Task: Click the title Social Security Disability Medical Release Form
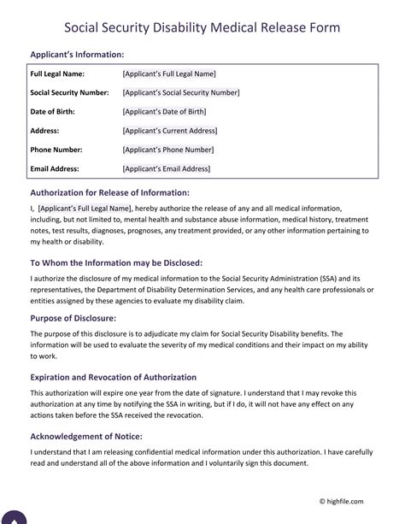pos(202,27)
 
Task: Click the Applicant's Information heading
pos(77,55)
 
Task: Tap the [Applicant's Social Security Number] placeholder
pos(181,92)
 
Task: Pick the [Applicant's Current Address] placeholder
pos(170,130)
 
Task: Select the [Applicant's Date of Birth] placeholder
pos(166,111)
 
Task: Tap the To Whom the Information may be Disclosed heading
pos(116,262)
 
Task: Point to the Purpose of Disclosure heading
pos(73,318)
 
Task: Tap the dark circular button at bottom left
pos(15,517)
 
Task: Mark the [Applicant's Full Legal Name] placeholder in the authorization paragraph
pos(85,208)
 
